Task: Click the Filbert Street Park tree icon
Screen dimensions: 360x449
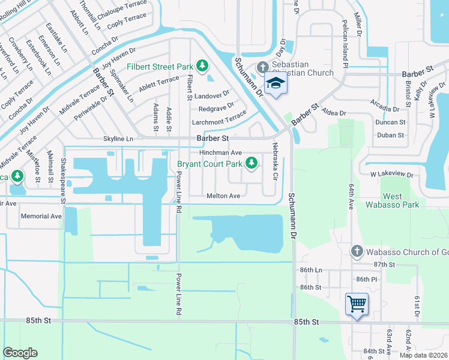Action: point(203,65)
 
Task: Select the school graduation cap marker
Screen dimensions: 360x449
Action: point(276,83)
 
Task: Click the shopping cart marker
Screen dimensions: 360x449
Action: point(357,304)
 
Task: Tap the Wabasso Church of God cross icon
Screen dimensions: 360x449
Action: point(357,251)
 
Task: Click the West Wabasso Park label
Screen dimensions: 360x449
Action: point(402,200)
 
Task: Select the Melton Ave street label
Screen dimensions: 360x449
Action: point(223,196)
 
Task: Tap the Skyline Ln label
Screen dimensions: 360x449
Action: point(118,139)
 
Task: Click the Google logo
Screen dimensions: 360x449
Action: point(20,352)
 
